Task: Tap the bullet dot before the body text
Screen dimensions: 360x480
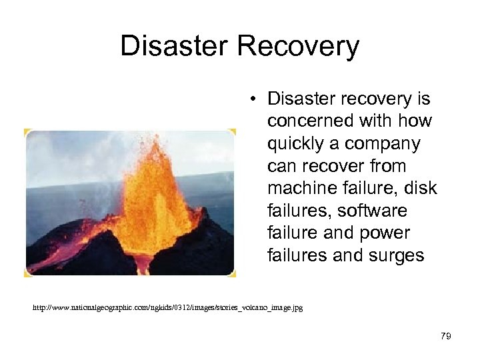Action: coord(255,99)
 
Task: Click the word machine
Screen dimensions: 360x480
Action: coord(304,189)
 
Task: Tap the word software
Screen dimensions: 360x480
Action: coord(372,211)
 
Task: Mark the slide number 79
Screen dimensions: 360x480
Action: coord(446,336)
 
